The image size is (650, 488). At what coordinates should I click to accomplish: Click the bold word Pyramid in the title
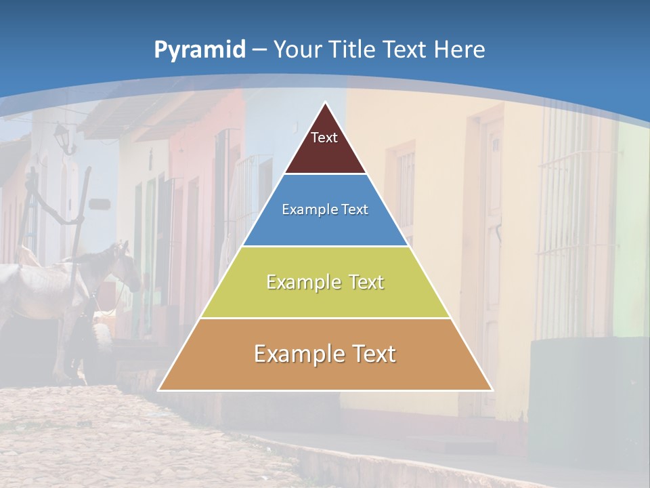coord(200,50)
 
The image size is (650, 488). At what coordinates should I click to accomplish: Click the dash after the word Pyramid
coord(259,51)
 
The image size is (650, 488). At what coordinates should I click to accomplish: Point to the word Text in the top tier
coord(324,138)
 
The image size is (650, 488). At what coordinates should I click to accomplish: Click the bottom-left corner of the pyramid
coord(158,390)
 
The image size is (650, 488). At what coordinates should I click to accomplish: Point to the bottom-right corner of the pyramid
coord(493,390)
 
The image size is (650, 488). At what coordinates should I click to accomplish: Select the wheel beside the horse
coord(102,335)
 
